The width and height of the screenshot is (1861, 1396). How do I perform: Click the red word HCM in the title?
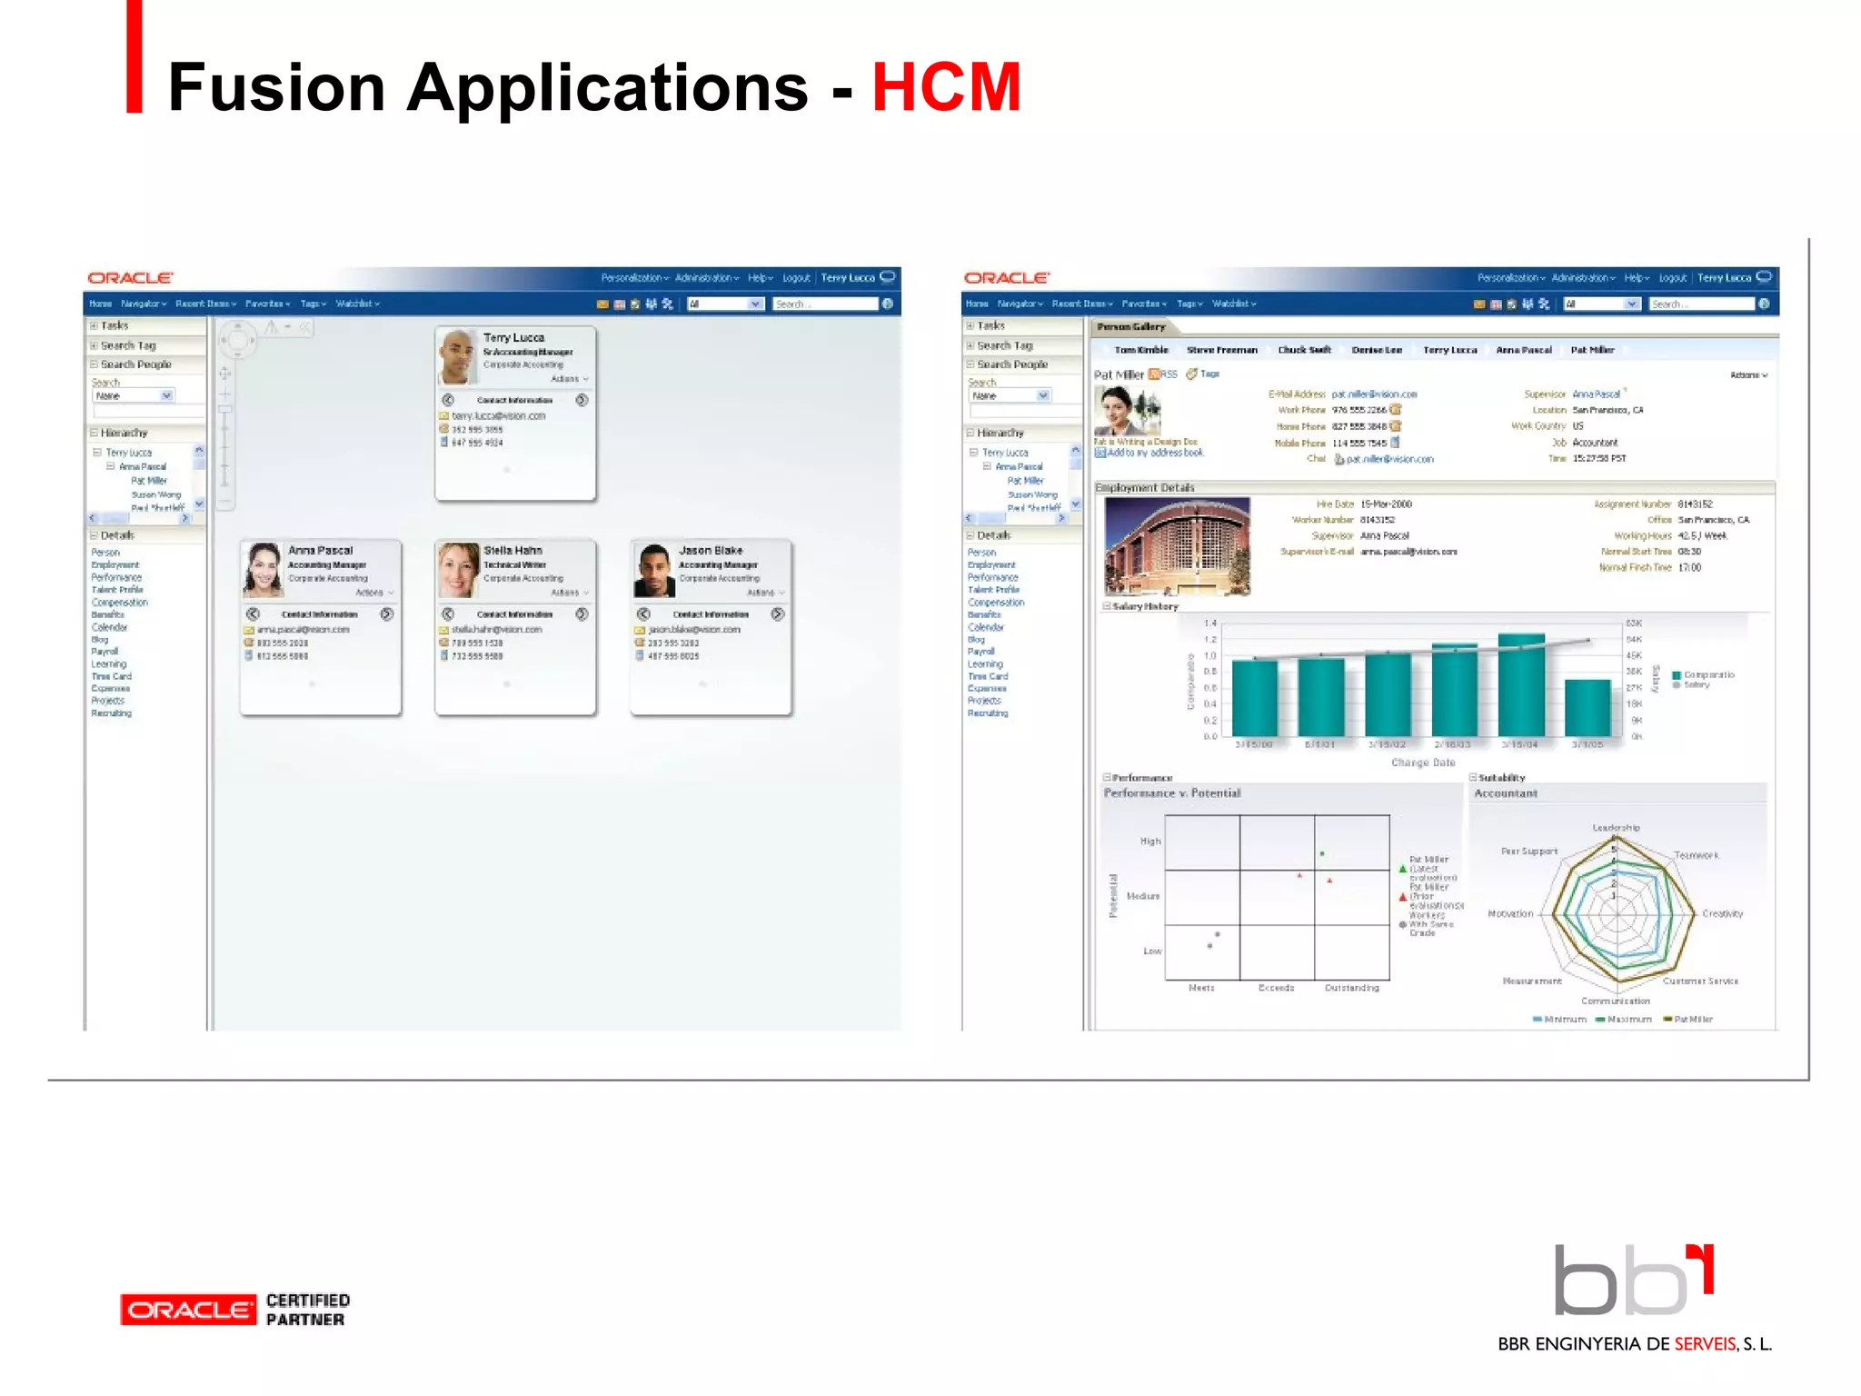946,87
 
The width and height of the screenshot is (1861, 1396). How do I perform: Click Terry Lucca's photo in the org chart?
458,356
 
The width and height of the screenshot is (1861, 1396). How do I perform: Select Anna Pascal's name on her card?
320,550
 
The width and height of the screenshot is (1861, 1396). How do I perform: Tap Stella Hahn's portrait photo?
458,570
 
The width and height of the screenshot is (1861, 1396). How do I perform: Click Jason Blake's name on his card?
711,550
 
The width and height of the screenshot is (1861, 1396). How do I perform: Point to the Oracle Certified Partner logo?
234,1310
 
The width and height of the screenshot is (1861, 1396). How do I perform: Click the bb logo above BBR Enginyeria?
1633,1281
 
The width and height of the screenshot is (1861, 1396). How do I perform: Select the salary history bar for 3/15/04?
1520,684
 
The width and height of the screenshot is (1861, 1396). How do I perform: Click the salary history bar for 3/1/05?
1587,707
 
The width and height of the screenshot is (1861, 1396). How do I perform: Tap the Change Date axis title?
1423,763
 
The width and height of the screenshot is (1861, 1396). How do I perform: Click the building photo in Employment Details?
1177,545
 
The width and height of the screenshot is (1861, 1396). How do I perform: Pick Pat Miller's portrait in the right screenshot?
1127,411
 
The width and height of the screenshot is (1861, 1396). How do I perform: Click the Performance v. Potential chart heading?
1172,793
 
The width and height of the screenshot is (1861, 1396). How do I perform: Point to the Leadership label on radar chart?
1616,828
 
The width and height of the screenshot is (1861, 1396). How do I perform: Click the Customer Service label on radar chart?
1700,981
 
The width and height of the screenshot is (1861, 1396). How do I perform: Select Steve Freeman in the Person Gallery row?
1221,350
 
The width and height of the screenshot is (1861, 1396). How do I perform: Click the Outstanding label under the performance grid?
1351,988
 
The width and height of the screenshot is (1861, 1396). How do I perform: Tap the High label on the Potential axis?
1150,842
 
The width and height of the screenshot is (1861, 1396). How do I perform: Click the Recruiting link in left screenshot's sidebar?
111,713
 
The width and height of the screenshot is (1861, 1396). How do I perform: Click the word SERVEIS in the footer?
1706,1344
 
